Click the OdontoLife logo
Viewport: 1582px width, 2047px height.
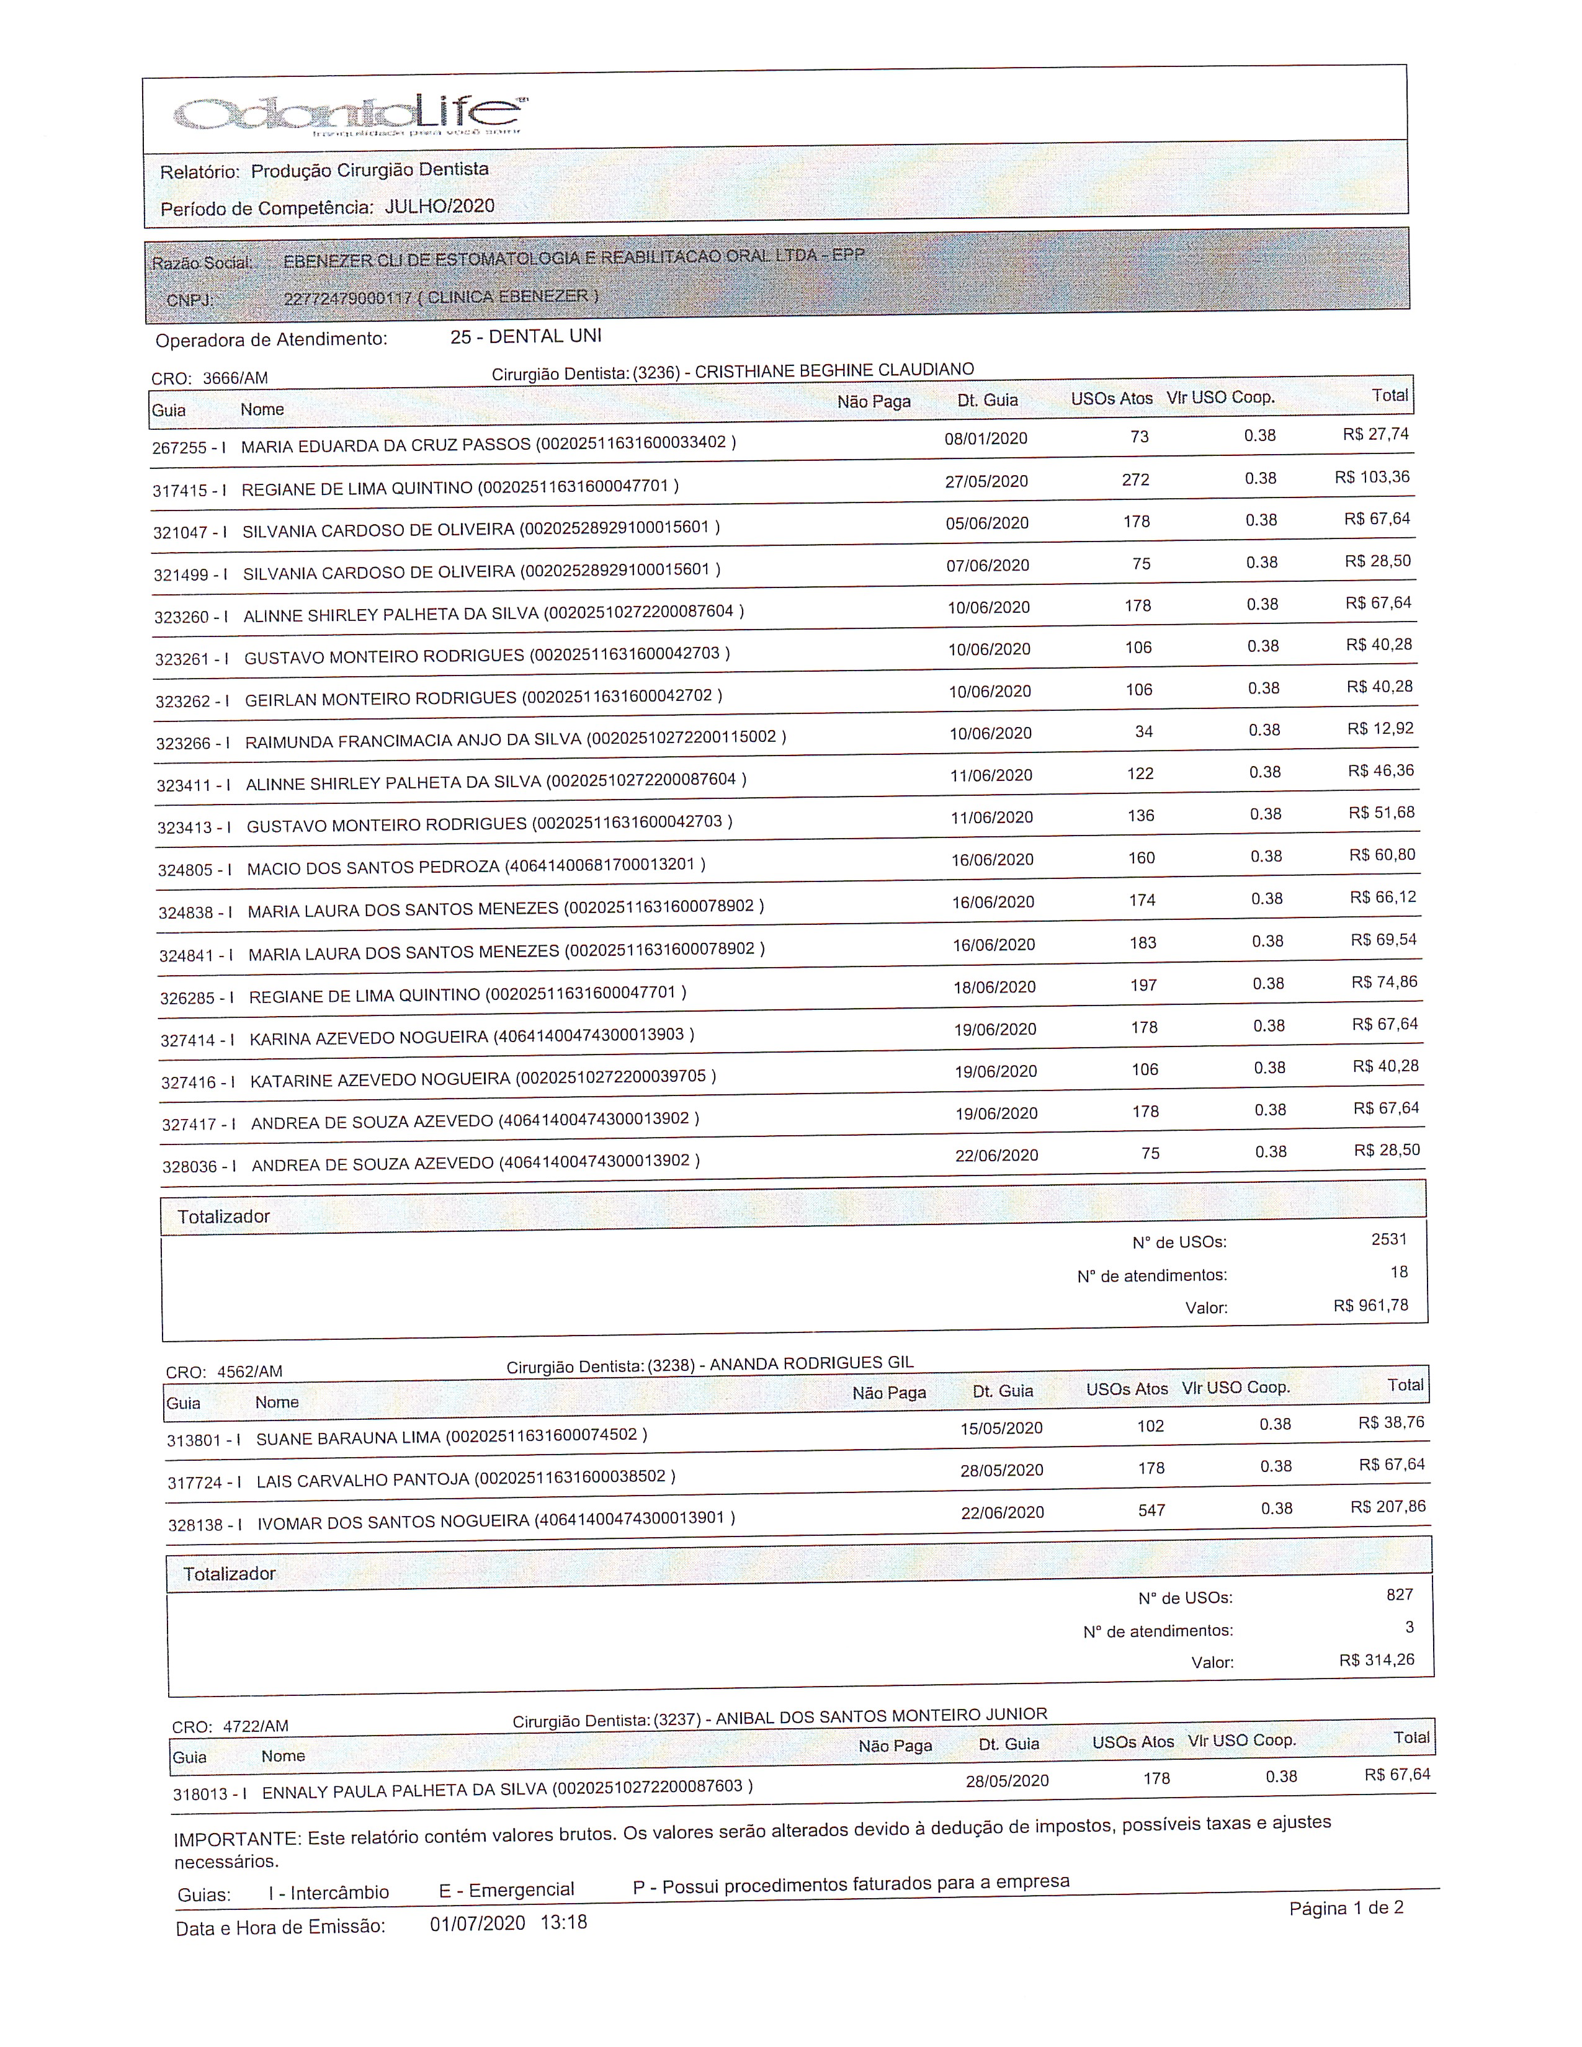point(349,114)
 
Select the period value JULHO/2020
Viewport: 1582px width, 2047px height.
point(440,206)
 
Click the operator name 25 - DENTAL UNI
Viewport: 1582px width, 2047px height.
point(525,336)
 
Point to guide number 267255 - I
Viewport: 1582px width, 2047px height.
point(189,447)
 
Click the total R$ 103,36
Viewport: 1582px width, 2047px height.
point(1372,477)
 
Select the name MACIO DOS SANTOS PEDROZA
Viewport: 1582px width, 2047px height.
point(373,868)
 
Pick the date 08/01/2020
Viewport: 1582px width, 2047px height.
point(986,438)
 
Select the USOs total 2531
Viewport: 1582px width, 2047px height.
point(1389,1239)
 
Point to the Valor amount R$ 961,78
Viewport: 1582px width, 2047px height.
point(1370,1304)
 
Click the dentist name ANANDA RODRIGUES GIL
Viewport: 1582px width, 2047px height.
point(811,1363)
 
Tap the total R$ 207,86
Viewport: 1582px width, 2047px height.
point(1387,1506)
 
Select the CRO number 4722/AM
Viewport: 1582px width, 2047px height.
point(255,1726)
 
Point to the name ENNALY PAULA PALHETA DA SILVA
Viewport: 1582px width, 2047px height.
point(404,1791)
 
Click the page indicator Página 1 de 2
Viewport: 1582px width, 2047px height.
point(1346,1908)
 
